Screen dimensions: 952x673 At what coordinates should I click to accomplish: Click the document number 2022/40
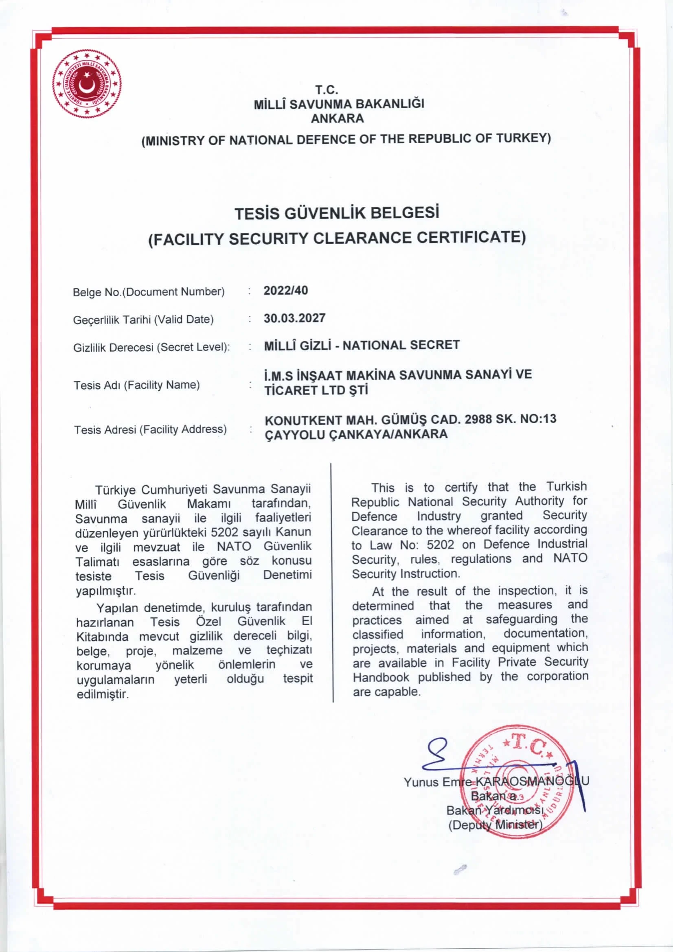tap(286, 290)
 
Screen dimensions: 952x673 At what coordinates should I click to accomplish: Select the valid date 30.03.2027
tap(294, 318)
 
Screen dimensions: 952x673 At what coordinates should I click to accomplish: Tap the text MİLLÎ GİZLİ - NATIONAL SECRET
tap(362, 345)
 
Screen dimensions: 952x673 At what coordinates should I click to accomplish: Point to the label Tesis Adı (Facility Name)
tap(136, 385)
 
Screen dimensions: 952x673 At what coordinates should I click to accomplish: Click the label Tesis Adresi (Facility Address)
tap(150, 429)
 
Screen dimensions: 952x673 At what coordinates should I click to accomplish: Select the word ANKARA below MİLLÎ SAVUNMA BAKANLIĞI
tap(337, 118)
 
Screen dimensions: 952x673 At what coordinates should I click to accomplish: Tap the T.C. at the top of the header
tap(327, 90)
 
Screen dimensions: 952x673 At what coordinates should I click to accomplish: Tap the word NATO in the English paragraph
tap(570, 558)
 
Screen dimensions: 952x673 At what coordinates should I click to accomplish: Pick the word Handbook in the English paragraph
tap(381, 677)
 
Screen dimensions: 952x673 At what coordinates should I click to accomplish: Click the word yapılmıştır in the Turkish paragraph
tap(105, 591)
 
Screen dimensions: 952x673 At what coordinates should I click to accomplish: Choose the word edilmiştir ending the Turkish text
tap(103, 694)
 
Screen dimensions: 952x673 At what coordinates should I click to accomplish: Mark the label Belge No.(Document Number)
tap(149, 292)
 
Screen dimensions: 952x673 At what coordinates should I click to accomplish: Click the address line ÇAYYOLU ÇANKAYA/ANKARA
tap(356, 435)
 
